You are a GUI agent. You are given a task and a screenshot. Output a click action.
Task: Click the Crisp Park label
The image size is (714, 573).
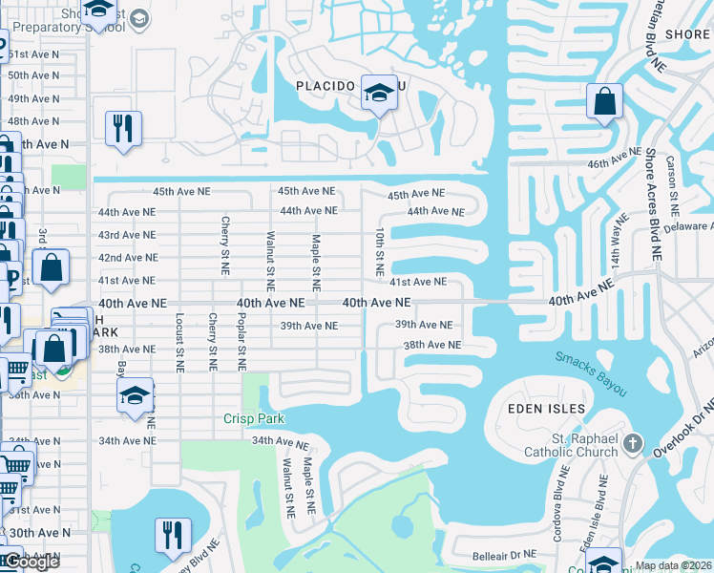[255, 418]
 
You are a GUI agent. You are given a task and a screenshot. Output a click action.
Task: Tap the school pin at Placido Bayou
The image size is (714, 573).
[379, 95]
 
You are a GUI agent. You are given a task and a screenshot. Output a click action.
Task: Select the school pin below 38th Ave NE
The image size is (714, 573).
[136, 397]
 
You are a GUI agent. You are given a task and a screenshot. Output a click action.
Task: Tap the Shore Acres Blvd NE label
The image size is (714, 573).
[653, 204]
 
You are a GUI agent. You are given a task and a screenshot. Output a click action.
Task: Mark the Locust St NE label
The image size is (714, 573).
[178, 340]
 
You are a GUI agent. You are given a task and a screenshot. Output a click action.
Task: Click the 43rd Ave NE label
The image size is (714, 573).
[126, 235]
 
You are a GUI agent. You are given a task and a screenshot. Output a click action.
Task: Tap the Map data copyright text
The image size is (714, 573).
[673, 565]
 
